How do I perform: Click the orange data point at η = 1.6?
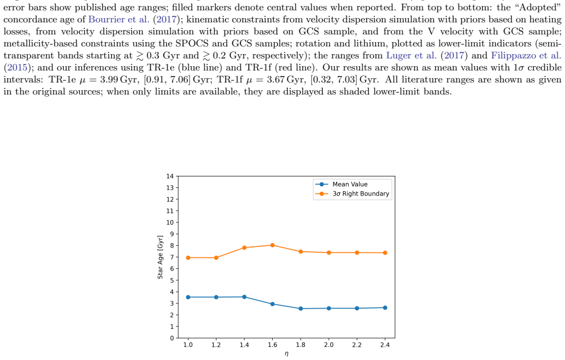[273, 245]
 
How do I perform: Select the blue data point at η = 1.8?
[301, 309]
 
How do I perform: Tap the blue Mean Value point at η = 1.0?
[188, 297]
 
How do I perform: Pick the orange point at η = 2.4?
[385, 253]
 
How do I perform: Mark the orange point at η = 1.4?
[244, 247]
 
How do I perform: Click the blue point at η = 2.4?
[385, 308]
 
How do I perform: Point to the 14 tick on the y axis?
[170, 176]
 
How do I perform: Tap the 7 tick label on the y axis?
[172, 257]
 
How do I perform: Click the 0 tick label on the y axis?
[172, 338]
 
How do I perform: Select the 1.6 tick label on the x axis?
[273, 345]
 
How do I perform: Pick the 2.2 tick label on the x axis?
[357, 345]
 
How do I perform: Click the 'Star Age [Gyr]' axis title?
[160, 257]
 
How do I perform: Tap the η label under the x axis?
[286, 354]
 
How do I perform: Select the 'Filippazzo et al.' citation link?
[526, 56]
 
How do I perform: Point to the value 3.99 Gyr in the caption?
[119, 80]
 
